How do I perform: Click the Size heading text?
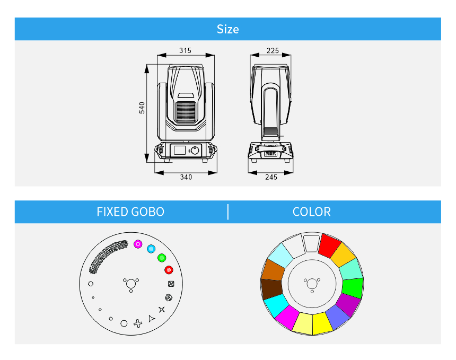tap(227, 29)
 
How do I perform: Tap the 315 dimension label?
tap(185, 50)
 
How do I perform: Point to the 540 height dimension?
tap(142, 108)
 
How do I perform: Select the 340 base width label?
tap(186, 177)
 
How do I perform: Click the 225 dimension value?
tap(273, 50)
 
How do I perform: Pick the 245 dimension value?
tap(271, 177)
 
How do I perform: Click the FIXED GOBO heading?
tap(130, 212)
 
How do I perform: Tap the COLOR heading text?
tap(311, 212)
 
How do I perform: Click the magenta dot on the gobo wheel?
tap(138, 244)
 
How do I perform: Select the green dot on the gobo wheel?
tap(162, 258)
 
